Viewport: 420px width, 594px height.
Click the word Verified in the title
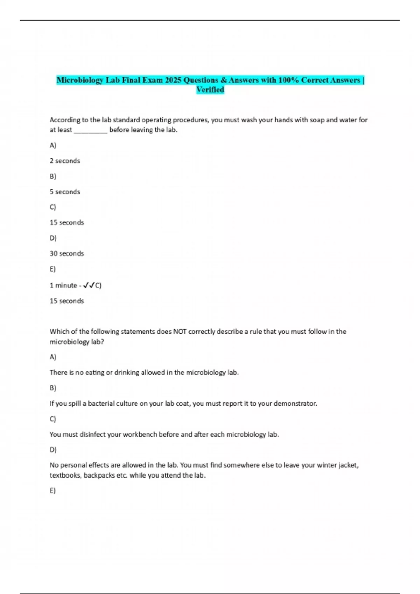(210, 90)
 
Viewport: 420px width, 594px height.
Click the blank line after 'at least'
(91, 130)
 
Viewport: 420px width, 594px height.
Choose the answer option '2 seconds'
(65, 161)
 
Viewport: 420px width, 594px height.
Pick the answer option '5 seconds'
(65, 192)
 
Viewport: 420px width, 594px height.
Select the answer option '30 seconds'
(67, 253)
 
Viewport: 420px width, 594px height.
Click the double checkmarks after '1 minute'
(89, 285)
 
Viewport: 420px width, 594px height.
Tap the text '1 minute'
(63, 285)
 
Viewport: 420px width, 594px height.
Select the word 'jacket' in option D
(348, 465)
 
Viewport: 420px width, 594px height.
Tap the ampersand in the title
(224, 80)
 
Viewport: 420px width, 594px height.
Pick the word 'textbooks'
(65, 476)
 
